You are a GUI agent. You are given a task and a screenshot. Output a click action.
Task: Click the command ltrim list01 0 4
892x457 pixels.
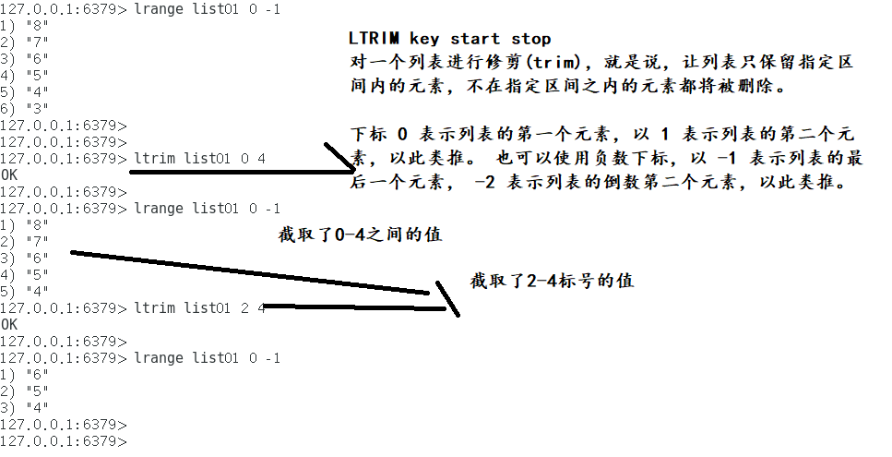199,158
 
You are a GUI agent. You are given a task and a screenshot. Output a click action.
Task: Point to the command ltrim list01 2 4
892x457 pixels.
199,307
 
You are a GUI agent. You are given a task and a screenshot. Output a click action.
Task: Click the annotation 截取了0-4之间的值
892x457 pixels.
361,235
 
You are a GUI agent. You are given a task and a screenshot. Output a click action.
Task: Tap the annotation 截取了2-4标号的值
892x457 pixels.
552,281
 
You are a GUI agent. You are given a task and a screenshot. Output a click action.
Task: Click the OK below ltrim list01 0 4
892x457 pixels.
9,174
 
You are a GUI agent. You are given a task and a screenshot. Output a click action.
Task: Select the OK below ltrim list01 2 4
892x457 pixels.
9,324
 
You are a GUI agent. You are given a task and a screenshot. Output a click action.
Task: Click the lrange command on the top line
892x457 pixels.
207,8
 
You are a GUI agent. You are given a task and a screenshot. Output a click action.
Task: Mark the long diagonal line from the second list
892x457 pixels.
249,272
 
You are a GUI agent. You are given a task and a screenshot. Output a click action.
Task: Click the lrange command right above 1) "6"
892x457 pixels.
207,357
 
